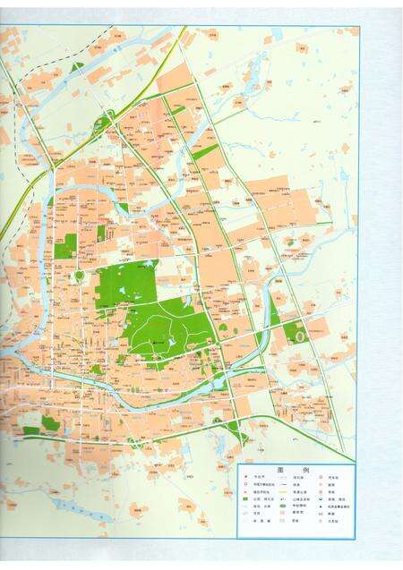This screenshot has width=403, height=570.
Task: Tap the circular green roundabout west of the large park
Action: click(x=79, y=276)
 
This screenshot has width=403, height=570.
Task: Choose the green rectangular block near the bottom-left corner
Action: click(x=50, y=422)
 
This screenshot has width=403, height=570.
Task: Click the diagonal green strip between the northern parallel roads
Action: click(x=205, y=152)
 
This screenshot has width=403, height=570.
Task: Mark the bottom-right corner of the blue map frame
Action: click(x=356, y=539)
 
